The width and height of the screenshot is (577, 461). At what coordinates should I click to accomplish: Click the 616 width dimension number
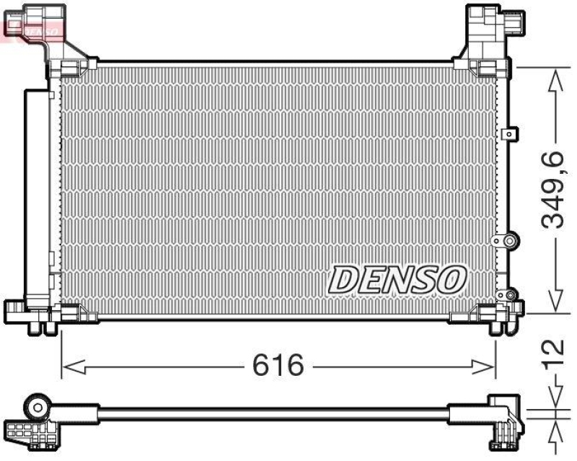click(x=278, y=366)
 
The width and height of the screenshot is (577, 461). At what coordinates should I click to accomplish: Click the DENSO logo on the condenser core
click(x=398, y=278)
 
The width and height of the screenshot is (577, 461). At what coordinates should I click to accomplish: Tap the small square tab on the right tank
click(x=511, y=133)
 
